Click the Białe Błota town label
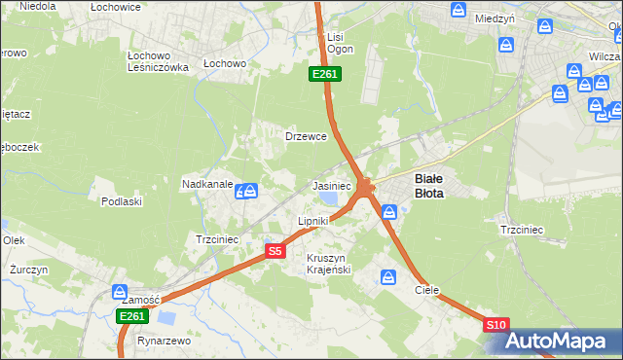click(x=429, y=186)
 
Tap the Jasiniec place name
click(x=331, y=185)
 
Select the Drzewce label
click(x=305, y=136)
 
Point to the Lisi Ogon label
click(x=340, y=43)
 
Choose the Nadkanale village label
click(x=206, y=183)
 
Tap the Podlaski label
click(x=122, y=201)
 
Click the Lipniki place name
click(x=312, y=221)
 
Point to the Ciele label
click(x=427, y=290)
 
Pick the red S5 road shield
click(x=275, y=251)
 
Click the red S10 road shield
click(x=495, y=325)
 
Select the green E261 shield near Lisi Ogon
click(x=324, y=74)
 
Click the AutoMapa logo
click(x=561, y=341)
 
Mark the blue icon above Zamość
click(x=120, y=291)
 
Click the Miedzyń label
click(x=495, y=18)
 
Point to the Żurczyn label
click(x=22, y=269)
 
